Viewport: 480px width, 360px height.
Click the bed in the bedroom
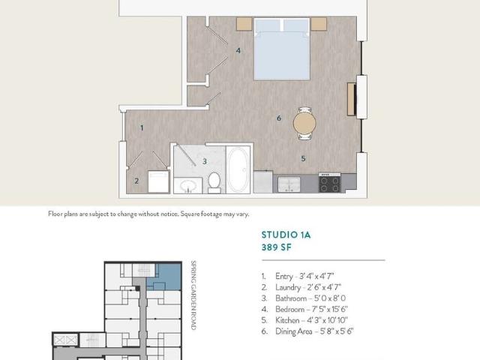[x=282, y=49]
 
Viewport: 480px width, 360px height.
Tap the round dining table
[x=304, y=123]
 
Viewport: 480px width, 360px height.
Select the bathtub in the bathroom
[x=238, y=170]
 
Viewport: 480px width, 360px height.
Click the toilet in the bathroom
[x=214, y=182]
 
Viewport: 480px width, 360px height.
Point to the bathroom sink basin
[x=188, y=186]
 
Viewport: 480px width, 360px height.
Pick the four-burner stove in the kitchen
[x=330, y=183]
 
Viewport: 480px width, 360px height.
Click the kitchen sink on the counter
[x=289, y=184]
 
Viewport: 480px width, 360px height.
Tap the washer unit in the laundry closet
[x=158, y=181]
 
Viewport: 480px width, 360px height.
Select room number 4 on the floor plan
[x=238, y=51]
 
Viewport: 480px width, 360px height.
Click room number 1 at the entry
[x=142, y=127]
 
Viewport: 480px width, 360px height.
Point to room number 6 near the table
[x=279, y=118]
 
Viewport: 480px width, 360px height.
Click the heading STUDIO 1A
[x=286, y=235]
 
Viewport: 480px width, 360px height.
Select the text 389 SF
[x=277, y=247]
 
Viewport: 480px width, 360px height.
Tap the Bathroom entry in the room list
[x=304, y=298]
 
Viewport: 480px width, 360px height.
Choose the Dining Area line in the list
[x=307, y=331]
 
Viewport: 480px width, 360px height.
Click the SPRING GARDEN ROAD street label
[x=193, y=295]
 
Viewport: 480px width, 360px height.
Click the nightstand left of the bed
[x=244, y=24]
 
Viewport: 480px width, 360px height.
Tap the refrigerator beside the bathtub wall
[x=263, y=182]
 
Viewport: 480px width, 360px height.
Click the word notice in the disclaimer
[x=169, y=214]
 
